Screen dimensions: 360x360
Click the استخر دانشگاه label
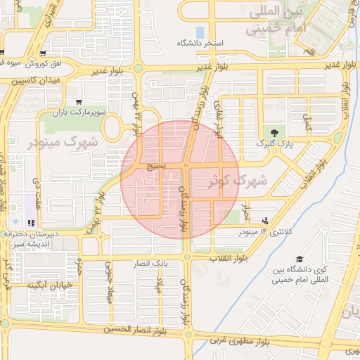click(200, 44)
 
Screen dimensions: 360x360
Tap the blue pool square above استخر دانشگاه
click(200, 32)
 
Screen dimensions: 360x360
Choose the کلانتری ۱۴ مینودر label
click(264, 231)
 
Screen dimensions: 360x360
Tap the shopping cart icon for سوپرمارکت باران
click(79, 102)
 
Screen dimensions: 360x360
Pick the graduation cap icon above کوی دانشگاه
click(300, 259)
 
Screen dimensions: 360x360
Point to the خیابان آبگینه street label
click(51, 286)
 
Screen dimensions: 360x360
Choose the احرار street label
click(245, 208)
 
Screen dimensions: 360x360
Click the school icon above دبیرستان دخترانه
click(30, 223)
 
